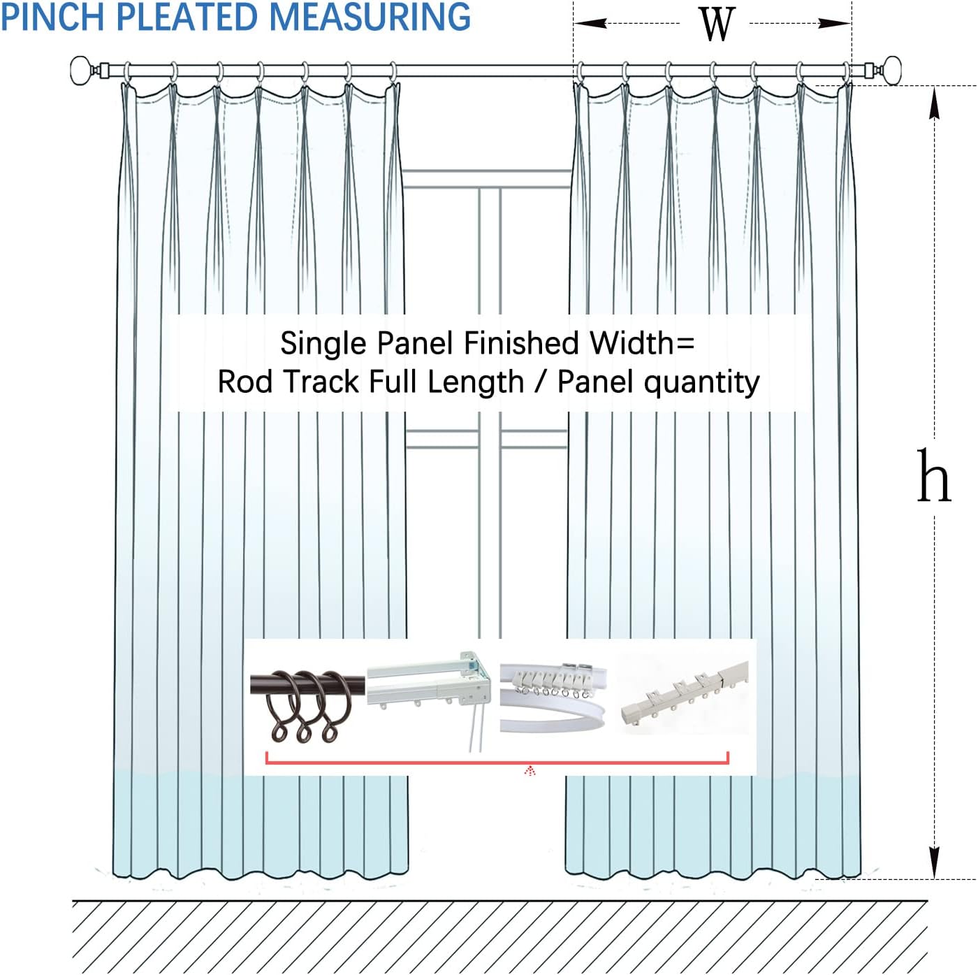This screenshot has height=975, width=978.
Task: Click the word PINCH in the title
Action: click(x=53, y=17)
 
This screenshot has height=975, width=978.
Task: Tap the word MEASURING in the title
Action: click(x=370, y=17)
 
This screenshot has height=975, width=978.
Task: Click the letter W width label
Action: click(x=717, y=24)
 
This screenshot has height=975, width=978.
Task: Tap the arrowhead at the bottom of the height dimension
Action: click(x=935, y=863)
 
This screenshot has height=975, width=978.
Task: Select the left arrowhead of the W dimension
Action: click(x=591, y=23)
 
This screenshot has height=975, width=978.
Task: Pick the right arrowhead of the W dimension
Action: click(x=835, y=23)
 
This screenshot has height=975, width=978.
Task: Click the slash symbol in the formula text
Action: click(x=540, y=382)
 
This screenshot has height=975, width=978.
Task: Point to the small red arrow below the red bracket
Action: click(x=530, y=771)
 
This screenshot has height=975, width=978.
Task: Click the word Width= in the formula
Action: click(x=641, y=342)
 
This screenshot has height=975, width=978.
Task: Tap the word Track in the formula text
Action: click(x=322, y=382)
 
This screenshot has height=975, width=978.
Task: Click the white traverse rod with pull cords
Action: click(x=429, y=695)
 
